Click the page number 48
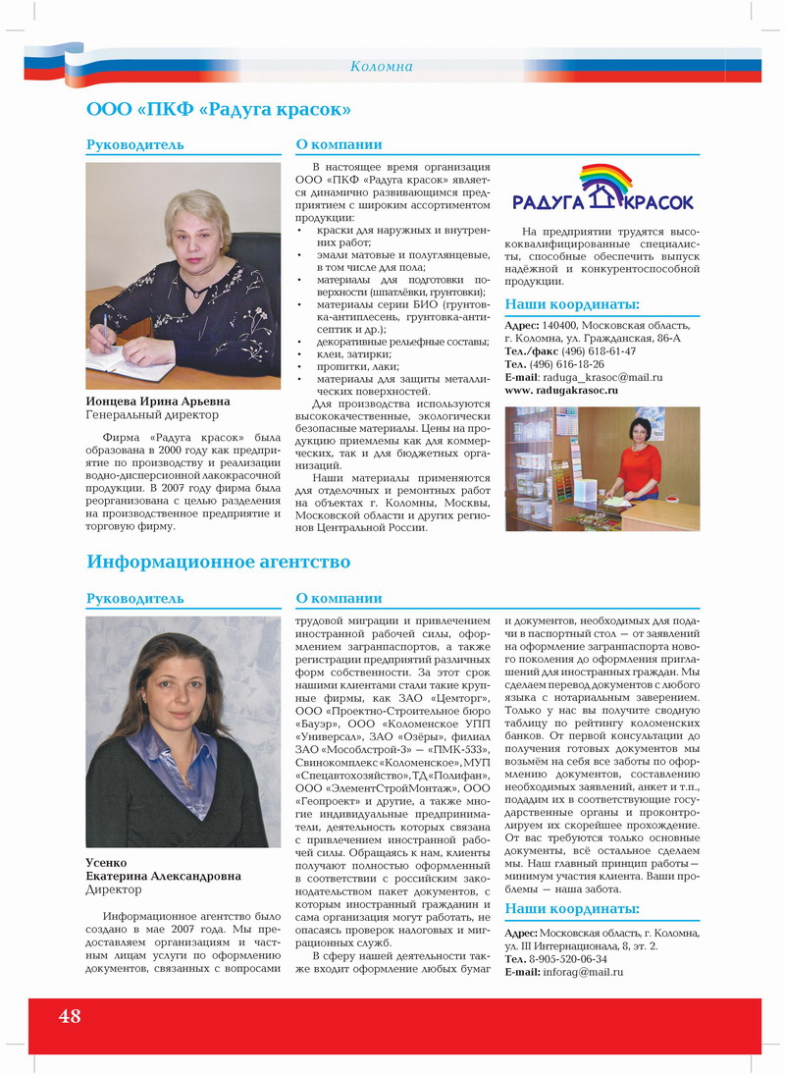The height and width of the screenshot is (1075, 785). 70,1015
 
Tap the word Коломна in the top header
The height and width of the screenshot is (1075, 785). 382,67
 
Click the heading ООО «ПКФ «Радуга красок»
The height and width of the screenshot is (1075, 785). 219,108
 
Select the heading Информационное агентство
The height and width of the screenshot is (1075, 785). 219,562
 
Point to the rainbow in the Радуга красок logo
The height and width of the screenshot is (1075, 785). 605,181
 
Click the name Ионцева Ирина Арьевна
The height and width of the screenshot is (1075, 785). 158,402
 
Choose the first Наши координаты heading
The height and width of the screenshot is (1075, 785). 572,304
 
